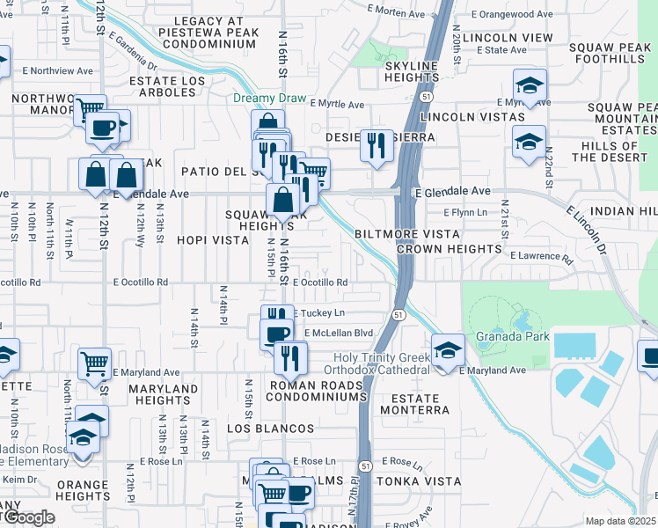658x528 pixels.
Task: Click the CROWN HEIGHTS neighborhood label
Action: (449, 249)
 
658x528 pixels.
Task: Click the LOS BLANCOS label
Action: (271, 429)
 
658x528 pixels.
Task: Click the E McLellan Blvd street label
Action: (339, 334)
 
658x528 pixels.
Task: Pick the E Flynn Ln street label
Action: (465, 213)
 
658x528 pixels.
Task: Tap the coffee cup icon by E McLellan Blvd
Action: (277, 333)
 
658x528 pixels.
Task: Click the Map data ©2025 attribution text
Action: (621, 521)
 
